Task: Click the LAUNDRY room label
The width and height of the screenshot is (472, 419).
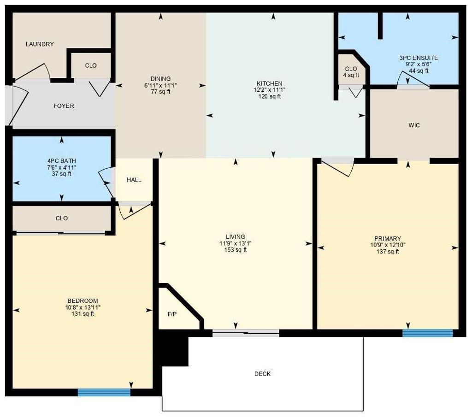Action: (40, 44)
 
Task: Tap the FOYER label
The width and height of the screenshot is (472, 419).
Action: (64, 106)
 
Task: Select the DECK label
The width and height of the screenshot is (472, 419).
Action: (262, 374)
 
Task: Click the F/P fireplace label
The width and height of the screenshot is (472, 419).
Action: (172, 314)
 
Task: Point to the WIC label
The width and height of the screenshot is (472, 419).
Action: (414, 125)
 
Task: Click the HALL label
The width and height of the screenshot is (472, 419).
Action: (134, 180)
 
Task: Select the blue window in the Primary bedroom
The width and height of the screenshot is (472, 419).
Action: (427, 333)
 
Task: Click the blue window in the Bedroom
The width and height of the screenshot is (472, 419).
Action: (104, 392)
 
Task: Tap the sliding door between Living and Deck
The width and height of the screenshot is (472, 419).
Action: (246, 333)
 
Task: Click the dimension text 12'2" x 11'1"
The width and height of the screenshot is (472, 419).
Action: (270, 90)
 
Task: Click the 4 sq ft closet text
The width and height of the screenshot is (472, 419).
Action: (351, 75)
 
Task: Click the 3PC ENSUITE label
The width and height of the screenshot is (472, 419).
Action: (419, 58)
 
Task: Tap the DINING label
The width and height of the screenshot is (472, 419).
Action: (160, 79)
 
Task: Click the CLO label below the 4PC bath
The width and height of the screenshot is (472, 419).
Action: (62, 218)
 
